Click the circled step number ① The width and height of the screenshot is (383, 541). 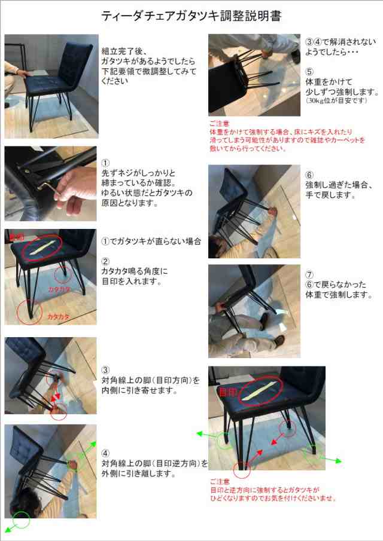click(105, 163)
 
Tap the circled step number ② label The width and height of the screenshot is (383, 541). click(105, 261)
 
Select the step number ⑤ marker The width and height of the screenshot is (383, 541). click(309, 71)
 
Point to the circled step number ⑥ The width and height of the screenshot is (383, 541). click(309, 175)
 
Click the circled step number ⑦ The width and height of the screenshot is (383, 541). click(309, 275)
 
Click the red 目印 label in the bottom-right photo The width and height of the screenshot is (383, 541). click(227, 393)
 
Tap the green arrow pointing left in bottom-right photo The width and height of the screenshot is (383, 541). click(205, 433)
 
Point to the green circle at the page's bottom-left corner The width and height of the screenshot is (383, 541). click(21, 520)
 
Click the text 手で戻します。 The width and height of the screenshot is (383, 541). click(330, 195)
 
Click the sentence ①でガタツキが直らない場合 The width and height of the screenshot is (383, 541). click(151, 242)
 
